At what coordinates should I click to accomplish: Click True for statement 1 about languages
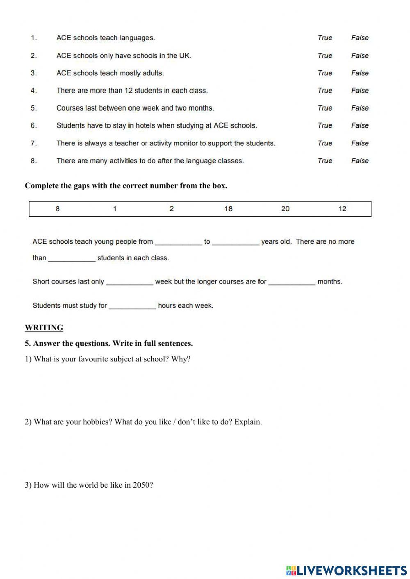[x=325, y=38]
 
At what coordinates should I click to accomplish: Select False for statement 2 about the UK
[x=360, y=55]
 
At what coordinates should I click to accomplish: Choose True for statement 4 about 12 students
[x=325, y=91]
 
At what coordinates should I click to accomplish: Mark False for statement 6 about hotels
[x=360, y=125]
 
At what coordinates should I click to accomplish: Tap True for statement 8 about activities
[x=325, y=161]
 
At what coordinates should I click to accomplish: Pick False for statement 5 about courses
[x=360, y=108]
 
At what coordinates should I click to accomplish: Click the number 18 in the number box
[x=228, y=209]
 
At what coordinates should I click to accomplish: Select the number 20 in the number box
[x=285, y=209]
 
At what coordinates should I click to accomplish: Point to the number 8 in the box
[x=57, y=209]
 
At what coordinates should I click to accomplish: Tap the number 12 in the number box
[x=342, y=209]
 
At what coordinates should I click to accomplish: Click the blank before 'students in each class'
[x=72, y=259]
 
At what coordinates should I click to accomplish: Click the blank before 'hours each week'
[x=132, y=306]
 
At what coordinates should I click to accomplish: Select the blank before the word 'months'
[x=292, y=282]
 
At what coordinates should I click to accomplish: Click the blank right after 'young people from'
[x=178, y=242]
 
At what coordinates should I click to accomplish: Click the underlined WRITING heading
[x=44, y=328]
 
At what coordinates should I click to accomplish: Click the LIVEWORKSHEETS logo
[x=346, y=571]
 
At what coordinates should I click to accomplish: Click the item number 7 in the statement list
[x=34, y=143]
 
